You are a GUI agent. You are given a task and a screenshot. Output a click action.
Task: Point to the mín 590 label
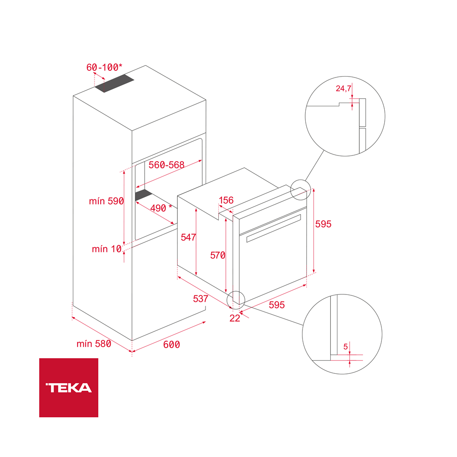pyautogui.click(x=106, y=201)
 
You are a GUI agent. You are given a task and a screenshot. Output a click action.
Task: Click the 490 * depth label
pyautogui.click(x=161, y=208)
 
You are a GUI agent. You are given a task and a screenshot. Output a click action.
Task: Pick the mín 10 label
pyautogui.click(x=106, y=249)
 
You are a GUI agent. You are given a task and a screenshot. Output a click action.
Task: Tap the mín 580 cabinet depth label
pyautogui.click(x=94, y=344)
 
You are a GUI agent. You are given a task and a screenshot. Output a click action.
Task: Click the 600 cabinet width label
pyautogui.click(x=172, y=345)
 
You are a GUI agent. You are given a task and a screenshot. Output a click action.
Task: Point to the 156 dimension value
pyautogui.click(x=226, y=200)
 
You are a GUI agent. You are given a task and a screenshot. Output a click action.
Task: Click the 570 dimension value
pyautogui.click(x=218, y=255)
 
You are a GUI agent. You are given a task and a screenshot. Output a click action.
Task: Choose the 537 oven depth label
pyautogui.click(x=201, y=299)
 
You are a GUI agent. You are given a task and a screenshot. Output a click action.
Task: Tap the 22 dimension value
pyautogui.click(x=235, y=318)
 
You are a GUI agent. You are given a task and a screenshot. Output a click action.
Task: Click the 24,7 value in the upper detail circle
pyautogui.click(x=344, y=88)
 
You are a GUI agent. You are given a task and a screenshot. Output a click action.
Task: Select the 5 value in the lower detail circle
pyautogui.click(x=346, y=347)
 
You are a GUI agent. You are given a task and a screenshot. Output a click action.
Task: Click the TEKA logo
pyautogui.click(x=69, y=388)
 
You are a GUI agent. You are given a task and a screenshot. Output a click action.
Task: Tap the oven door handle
pyautogui.click(x=273, y=227)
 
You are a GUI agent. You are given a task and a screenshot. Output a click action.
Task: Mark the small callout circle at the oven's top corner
pyautogui.click(x=299, y=190)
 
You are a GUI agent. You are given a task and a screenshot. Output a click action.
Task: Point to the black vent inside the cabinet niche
pyautogui.click(x=143, y=194)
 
